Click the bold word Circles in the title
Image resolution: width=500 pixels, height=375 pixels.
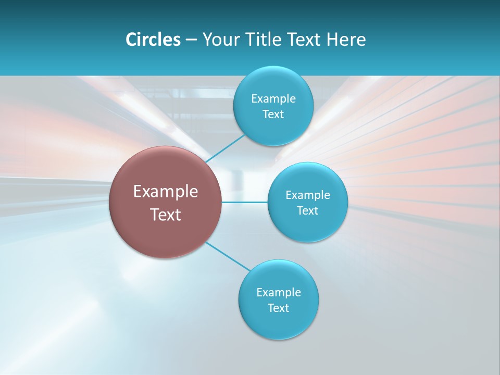[x=153, y=40]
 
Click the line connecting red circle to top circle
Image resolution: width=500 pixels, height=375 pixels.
[x=225, y=148]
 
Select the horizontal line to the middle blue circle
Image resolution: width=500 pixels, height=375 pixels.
[x=245, y=202]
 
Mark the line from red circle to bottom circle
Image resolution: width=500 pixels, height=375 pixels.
[x=228, y=256]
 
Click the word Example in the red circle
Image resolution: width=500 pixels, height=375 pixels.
[x=166, y=192]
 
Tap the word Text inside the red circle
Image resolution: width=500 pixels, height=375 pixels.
[x=166, y=215]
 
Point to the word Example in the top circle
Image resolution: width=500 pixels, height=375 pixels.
[x=273, y=99]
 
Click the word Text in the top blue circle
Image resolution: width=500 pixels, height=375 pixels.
[x=273, y=115]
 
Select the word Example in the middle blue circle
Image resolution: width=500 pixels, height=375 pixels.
[x=308, y=195]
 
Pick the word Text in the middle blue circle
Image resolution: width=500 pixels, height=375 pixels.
[x=307, y=211]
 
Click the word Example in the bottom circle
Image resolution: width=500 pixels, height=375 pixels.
[x=279, y=293]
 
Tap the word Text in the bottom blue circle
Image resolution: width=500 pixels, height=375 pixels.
[x=278, y=308]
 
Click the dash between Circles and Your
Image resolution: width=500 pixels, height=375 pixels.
[x=191, y=40]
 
